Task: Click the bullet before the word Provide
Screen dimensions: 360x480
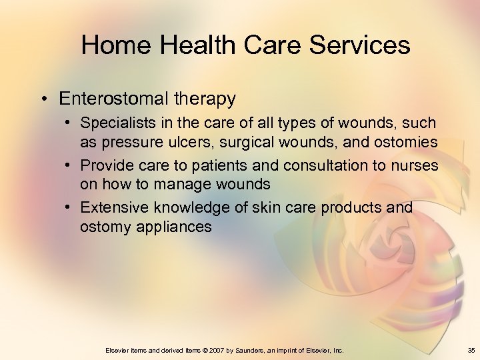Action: click(x=69, y=165)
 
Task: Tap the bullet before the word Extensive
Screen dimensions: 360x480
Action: click(x=69, y=208)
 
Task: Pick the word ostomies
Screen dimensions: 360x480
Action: click(x=407, y=142)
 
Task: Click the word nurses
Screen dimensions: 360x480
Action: click(x=417, y=165)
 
